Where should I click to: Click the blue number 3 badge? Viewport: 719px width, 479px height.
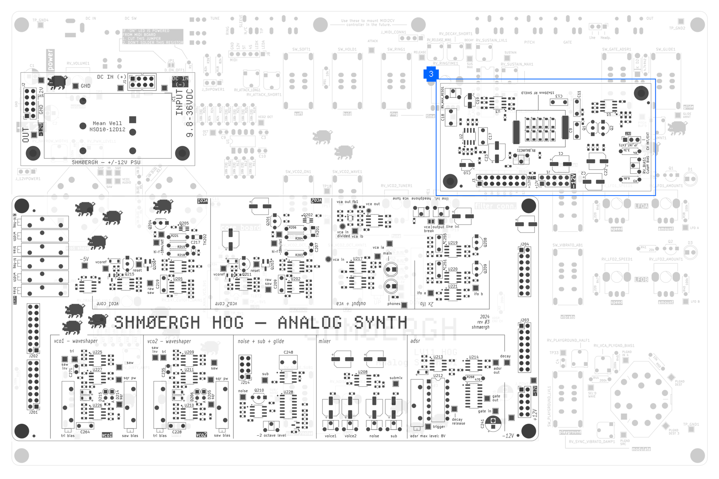click(x=431, y=74)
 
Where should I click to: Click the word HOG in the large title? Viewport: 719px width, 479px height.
click(x=228, y=322)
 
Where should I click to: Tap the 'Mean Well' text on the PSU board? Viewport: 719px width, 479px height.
click(x=107, y=123)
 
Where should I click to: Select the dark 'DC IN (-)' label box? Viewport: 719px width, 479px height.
click(x=180, y=81)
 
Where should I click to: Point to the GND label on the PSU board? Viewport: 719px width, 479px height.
click(x=86, y=86)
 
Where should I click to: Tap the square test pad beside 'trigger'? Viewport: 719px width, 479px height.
click(x=428, y=427)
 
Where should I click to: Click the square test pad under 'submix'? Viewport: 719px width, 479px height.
click(x=395, y=384)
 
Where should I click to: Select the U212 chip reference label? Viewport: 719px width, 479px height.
click(x=438, y=376)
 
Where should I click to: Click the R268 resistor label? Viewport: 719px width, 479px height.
click(x=470, y=377)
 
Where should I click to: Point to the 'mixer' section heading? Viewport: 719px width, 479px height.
click(x=325, y=341)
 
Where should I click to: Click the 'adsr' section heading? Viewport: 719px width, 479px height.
click(x=415, y=341)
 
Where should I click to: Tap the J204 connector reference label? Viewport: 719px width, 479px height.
click(x=524, y=244)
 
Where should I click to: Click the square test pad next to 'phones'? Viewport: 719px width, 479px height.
click(x=404, y=305)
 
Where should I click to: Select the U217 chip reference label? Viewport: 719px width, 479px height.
click(x=357, y=258)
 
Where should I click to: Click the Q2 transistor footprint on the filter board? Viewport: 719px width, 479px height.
click(x=603, y=128)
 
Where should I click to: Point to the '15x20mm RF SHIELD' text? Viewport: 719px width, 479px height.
click(x=538, y=93)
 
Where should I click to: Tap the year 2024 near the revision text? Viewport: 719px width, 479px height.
click(x=484, y=317)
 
